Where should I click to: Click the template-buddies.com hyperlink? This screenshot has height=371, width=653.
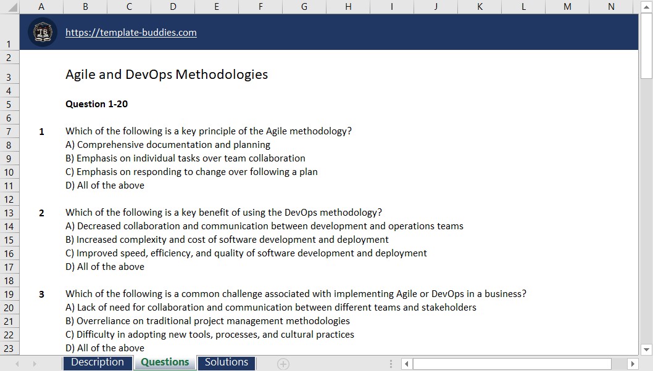[131, 33]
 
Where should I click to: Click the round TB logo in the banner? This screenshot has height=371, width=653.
[43, 33]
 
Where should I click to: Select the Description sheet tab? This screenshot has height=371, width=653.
[98, 362]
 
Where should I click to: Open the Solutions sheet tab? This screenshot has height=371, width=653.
[227, 362]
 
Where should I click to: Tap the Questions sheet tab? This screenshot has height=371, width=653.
[165, 362]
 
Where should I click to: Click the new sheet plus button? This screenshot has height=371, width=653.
[283, 364]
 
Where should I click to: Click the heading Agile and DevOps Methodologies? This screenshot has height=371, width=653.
[167, 75]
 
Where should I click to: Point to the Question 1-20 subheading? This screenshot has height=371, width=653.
[97, 104]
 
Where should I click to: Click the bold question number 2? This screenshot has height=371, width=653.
[41, 213]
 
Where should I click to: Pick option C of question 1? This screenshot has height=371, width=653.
[191, 172]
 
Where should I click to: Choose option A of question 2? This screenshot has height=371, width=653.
[264, 226]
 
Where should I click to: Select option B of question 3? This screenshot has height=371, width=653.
[207, 321]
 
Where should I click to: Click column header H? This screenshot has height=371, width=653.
[348, 7]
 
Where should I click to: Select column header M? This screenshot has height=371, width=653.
[567, 7]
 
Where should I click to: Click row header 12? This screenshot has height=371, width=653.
[9, 200]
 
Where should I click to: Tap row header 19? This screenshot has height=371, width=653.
[9, 295]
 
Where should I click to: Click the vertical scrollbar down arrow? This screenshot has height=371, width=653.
[646, 349]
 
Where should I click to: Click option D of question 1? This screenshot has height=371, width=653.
[105, 185]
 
